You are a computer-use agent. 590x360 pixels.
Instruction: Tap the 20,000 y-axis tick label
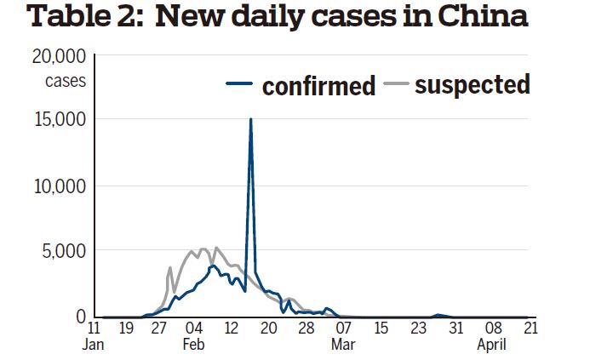(59, 57)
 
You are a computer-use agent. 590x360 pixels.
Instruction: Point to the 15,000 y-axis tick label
(59, 120)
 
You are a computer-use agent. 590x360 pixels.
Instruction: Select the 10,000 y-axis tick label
(59, 186)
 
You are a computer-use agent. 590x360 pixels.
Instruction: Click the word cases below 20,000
(66, 82)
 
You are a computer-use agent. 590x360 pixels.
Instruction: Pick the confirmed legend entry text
(318, 86)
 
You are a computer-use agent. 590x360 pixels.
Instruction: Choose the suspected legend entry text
(472, 84)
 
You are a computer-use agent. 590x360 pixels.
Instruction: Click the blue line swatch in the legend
(240, 83)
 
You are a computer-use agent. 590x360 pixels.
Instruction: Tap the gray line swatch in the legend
(393, 83)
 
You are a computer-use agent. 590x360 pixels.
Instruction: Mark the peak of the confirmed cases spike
(250, 119)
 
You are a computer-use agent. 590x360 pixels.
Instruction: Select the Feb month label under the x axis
(192, 345)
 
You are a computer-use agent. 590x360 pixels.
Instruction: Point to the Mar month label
(343, 345)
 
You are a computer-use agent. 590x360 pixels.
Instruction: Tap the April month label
(492, 345)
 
